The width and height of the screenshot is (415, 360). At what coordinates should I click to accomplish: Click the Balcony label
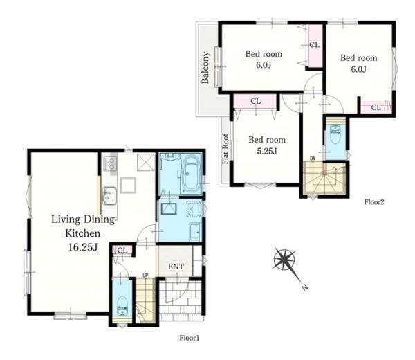(205, 68)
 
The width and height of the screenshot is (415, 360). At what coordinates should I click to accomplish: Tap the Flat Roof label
(225, 149)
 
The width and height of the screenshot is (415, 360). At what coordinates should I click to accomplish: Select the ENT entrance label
(176, 267)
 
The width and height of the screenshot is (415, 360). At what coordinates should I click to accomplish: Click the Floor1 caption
(190, 338)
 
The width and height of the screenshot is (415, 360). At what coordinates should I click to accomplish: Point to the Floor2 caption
(374, 202)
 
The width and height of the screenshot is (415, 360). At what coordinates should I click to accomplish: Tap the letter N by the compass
(305, 287)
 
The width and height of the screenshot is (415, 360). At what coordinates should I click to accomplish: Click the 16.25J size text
(83, 247)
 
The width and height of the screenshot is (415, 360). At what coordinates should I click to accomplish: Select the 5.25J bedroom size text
(267, 151)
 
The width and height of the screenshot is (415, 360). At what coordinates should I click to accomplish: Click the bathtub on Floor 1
(191, 174)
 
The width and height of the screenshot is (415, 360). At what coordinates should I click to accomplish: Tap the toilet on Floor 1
(122, 305)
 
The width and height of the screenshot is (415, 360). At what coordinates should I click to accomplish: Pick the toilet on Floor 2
(335, 134)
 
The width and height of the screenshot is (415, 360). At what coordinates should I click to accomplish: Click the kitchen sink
(109, 195)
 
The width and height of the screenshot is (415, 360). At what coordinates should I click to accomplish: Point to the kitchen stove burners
(110, 163)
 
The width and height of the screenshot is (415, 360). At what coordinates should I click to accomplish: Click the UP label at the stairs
(145, 276)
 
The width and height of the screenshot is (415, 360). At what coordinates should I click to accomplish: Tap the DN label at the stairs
(313, 159)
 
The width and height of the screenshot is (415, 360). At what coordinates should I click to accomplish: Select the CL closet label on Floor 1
(122, 250)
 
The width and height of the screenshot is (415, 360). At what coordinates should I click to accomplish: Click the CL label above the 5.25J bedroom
(255, 101)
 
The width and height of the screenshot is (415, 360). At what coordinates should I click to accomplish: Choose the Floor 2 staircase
(325, 179)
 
